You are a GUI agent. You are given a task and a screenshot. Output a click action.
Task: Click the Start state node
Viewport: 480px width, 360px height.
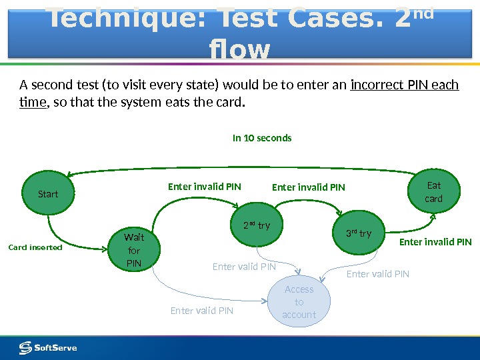pos(48,194)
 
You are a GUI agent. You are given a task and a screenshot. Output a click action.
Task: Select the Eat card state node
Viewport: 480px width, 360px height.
pos(433,192)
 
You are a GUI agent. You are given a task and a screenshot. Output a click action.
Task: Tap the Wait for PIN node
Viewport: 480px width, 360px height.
pos(134,249)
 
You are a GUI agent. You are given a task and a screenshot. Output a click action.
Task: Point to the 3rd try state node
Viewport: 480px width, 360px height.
pos(359,233)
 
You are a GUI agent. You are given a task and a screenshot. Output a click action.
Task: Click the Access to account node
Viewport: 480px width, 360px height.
pos(299,302)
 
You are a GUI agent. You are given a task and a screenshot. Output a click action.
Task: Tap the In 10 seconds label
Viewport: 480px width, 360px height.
pos(262,138)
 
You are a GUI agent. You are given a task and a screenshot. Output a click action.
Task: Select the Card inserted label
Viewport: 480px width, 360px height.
pos(35,247)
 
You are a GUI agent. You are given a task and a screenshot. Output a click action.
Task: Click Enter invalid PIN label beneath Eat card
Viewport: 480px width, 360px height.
pos(435,242)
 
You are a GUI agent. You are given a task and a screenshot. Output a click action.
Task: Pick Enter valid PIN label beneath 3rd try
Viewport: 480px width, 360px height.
pos(378,274)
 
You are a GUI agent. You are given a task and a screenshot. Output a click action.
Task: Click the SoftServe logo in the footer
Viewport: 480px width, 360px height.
pos(48,347)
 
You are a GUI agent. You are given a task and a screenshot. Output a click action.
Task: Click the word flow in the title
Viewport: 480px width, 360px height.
pos(239,50)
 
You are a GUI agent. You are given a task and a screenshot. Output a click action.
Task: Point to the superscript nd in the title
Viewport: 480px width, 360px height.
pos(423,13)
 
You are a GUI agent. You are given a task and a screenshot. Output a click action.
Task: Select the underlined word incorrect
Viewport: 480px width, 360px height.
pos(376,85)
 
